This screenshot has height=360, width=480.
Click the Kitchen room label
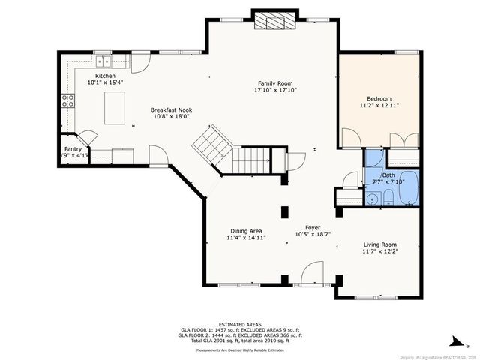[105, 75]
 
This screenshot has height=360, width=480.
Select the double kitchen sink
[103, 62]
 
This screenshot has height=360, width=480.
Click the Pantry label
[73, 150]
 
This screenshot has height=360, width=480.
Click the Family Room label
[275, 83]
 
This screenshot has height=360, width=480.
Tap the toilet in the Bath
[388, 198]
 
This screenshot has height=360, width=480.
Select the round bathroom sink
[372, 199]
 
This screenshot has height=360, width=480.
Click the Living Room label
[380, 244]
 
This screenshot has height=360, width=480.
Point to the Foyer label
[313, 227]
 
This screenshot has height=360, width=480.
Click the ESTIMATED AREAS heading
[239, 324]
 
